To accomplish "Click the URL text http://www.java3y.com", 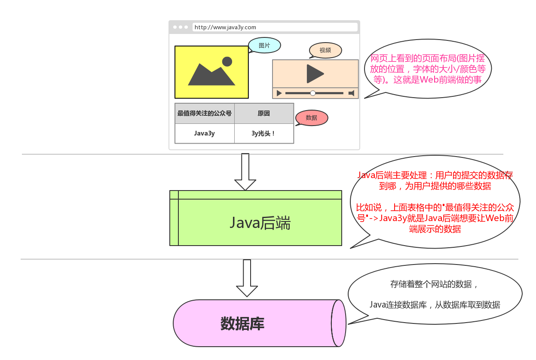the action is click(225, 27).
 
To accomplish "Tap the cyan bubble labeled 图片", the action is click(264, 45).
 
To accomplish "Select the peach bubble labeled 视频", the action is click(325, 50).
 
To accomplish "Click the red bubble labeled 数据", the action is click(312, 118).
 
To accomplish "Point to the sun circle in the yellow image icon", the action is click(227, 62).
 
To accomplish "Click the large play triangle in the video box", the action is click(315, 74).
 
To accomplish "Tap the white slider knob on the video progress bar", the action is click(313, 93).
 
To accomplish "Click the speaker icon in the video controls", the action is click(351, 93).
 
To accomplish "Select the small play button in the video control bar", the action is click(279, 93).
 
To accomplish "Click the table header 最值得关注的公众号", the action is click(204, 113).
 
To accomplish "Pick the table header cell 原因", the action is click(264, 114).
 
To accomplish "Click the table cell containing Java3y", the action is click(205, 134).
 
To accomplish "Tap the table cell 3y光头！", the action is click(264, 134).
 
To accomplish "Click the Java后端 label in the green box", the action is click(260, 223).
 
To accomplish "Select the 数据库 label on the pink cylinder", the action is click(242, 323).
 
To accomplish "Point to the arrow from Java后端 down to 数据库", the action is click(247, 278).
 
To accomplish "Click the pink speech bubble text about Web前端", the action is click(428, 69).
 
